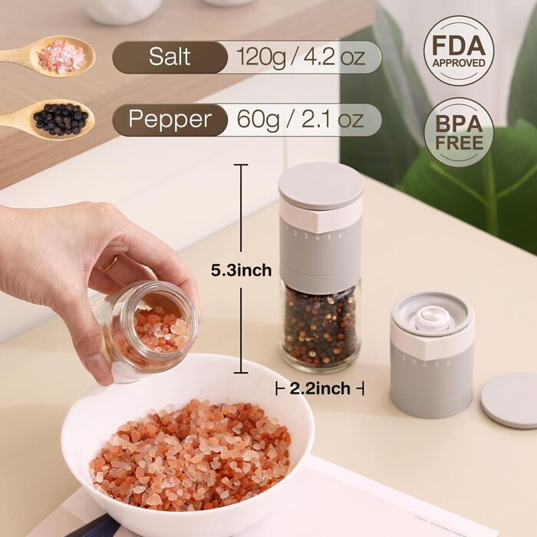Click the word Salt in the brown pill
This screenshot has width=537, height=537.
[170, 57]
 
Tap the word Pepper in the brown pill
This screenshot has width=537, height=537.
[170, 120]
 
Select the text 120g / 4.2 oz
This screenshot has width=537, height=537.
[301, 57]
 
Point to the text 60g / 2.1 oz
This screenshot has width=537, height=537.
[300, 120]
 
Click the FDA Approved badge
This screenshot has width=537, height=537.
[459, 51]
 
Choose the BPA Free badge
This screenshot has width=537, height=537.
[459, 133]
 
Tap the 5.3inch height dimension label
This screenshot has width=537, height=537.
[241, 271]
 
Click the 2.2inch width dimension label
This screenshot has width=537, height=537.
[320, 389]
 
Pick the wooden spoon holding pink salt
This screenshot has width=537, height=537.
[48, 56]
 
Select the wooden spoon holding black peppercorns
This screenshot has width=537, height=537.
[48, 119]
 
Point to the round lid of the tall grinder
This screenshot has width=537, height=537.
[321, 186]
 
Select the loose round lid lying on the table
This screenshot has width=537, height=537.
[509, 400]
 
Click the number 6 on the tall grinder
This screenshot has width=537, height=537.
[341, 236]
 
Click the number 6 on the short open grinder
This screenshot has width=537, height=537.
[448, 364]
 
